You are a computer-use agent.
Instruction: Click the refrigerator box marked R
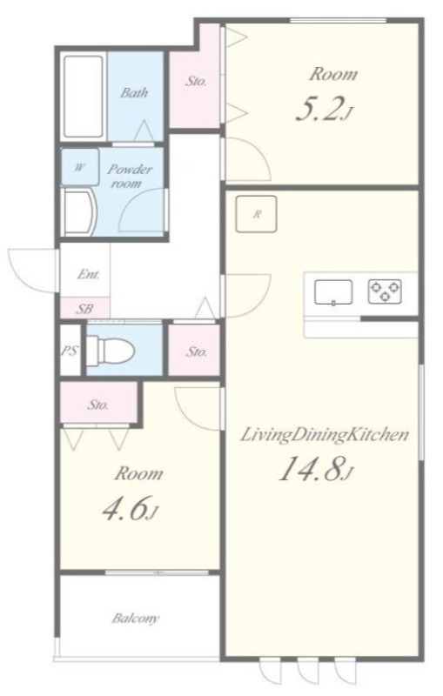(x=256, y=214)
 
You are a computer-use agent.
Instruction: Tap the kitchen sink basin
(x=333, y=292)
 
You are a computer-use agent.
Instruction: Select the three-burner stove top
(x=385, y=291)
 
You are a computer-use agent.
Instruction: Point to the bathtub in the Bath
(x=83, y=97)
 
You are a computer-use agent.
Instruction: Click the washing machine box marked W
(x=80, y=167)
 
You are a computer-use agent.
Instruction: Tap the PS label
(x=70, y=351)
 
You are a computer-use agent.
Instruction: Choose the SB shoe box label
(x=84, y=309)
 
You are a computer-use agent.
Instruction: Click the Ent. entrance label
(x=88, y=274)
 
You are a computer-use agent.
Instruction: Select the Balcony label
(x=136, y=618)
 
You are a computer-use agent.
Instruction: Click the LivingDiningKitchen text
(x=325, y=434)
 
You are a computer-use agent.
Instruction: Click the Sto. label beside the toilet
(x=196, y=352)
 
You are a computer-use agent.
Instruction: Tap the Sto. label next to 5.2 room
(x=196, y=81)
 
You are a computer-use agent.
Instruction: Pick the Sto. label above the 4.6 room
(x=98, y=405)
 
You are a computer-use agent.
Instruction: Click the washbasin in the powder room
(x=78, y=211)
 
